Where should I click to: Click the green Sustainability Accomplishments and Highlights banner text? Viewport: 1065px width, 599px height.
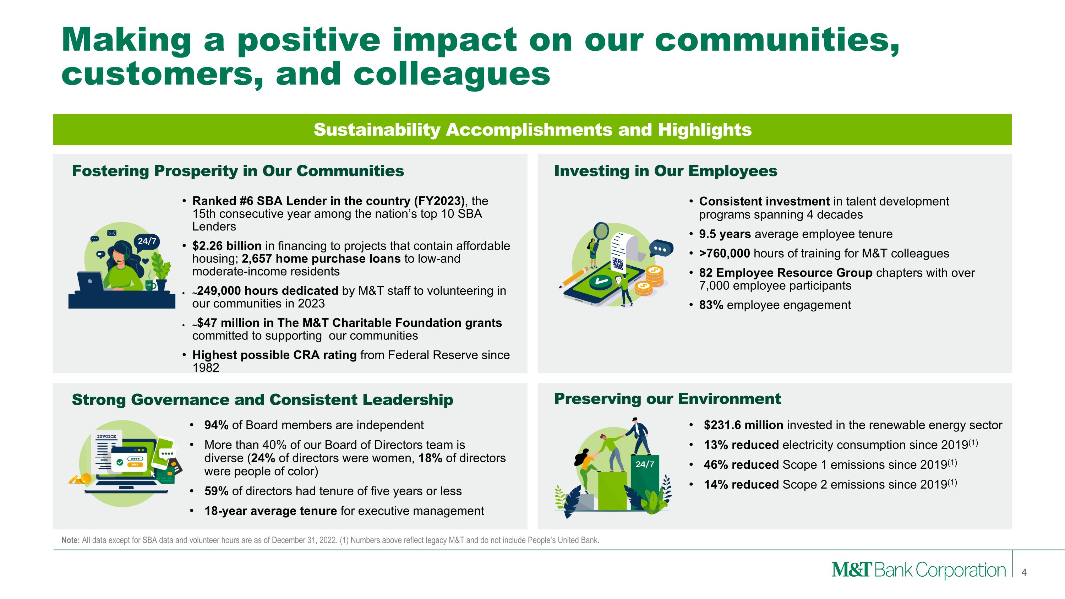[x=532, y=130]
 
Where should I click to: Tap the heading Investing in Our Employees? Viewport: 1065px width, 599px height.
[x=665, y=171]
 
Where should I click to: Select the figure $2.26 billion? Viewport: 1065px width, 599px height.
[x=226, y=246]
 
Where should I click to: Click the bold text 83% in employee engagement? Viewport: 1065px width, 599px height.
[x=711, y=305]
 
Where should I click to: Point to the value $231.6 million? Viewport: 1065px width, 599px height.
[x=743, y=425]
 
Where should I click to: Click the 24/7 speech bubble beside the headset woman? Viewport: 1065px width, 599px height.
[x=147, y=241]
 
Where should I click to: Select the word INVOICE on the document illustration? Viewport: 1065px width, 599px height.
[x=106, y=436]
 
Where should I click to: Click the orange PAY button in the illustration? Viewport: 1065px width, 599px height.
[x=135, y=465]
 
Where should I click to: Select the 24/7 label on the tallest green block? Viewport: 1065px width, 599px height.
[x=645, y=464]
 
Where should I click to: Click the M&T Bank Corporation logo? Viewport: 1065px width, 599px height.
[x=918, y=570]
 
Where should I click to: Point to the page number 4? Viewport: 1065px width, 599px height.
[x=1024, y=573]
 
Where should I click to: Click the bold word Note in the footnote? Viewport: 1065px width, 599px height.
[x=70, y=540]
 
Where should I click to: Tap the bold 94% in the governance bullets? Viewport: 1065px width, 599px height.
[x=216, y=425]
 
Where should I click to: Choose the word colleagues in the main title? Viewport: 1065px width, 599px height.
[x=452, y=74]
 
